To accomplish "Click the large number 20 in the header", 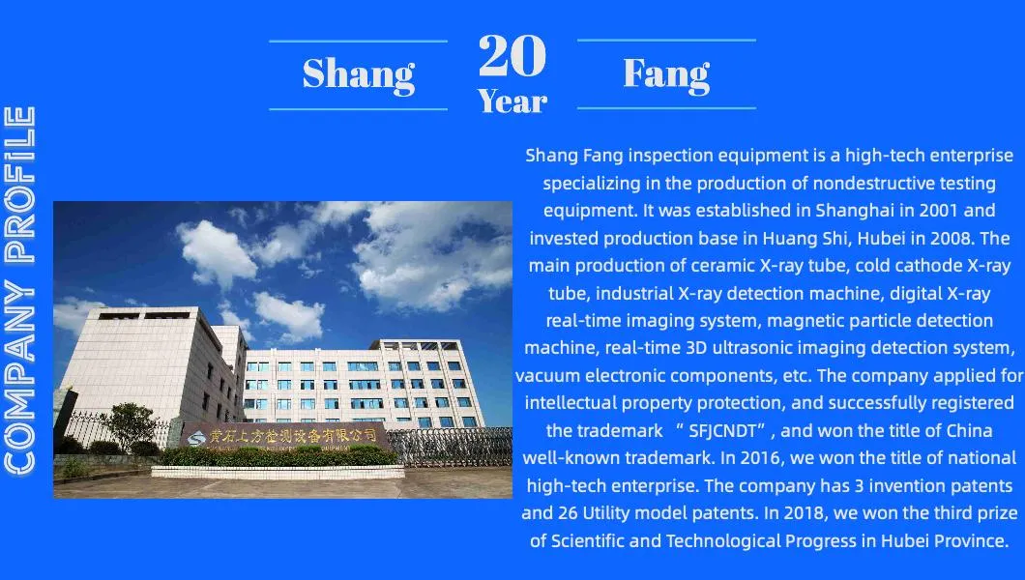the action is (x=512, y=55).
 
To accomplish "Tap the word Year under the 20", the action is (x=512, y=101).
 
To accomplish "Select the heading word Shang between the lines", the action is (x=358, y=74).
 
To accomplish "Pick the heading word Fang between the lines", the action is (x=666, y=73).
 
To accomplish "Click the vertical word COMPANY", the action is (x=19, y=376).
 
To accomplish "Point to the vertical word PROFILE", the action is (x=19, y=185).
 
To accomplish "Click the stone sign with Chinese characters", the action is (x=283, y=436).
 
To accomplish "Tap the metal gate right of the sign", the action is (x=451, y=447).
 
